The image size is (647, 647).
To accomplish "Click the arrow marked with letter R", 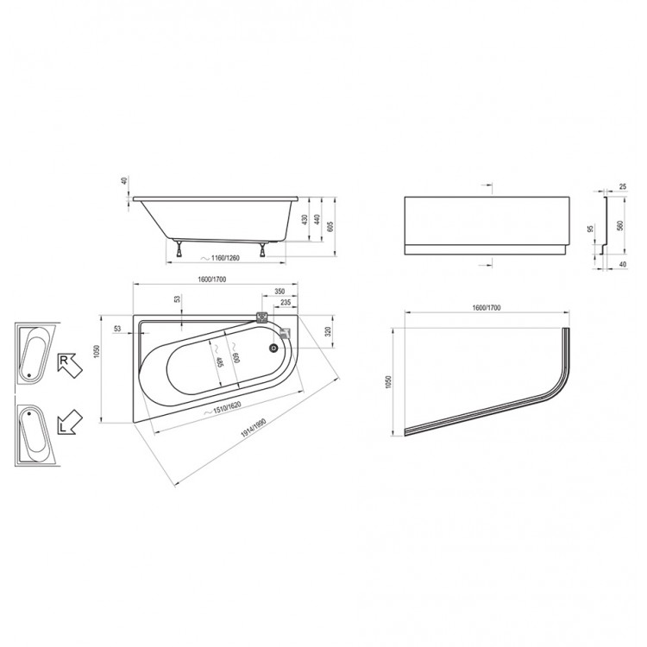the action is click(70, 365).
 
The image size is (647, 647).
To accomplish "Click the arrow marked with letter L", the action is click(70, 422).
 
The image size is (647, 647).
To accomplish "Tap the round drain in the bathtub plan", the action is click(274, 349).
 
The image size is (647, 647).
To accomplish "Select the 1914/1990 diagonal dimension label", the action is click(253, 429).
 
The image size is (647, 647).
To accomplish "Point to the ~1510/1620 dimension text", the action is click(223, 409).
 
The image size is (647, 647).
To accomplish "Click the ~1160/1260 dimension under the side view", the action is click(220, 258).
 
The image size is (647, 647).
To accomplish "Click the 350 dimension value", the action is click(280, 292).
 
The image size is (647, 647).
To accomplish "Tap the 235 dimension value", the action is click(286, 303).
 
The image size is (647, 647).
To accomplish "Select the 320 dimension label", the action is click(328, 332).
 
